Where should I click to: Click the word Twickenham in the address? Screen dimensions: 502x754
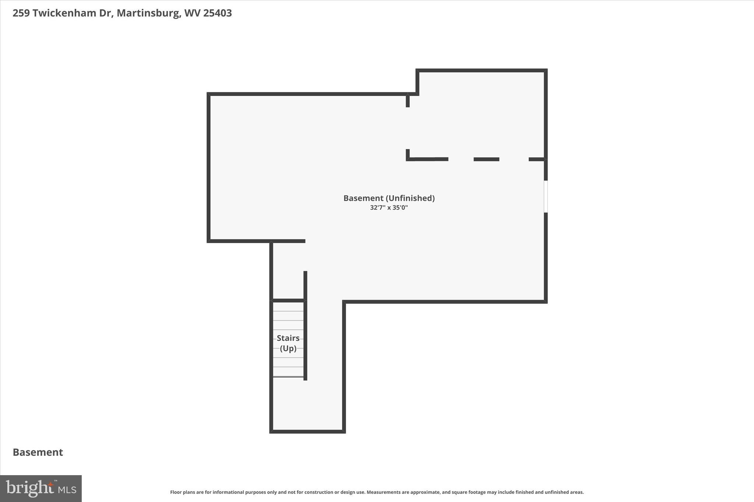(x=65, y=13)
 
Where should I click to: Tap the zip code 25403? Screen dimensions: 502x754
(x=217, y=13)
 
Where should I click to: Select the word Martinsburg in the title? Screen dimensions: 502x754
(x=148, y=13)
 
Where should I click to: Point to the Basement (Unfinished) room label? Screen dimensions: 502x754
(x=389, y=198)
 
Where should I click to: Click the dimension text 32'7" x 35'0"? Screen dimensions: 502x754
(x=389, y=208)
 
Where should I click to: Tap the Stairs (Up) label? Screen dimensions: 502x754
(x=288, y=343)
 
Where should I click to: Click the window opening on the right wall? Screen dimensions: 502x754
(x=546, y=196)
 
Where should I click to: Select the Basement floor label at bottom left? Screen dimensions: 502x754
(x=38, y=452)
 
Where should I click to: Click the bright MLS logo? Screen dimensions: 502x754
(x=41, y=488)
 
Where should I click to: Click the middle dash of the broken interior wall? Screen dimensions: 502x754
(x=486, y=159)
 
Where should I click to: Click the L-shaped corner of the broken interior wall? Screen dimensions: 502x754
(x=408, y=159)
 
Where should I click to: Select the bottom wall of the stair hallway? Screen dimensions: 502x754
(x=307, y=431)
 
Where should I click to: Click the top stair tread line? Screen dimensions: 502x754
(x=288, y=311)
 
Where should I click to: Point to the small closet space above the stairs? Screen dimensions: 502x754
(x=288, y=272)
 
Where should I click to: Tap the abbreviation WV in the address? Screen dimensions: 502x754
(x=192, y=13)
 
